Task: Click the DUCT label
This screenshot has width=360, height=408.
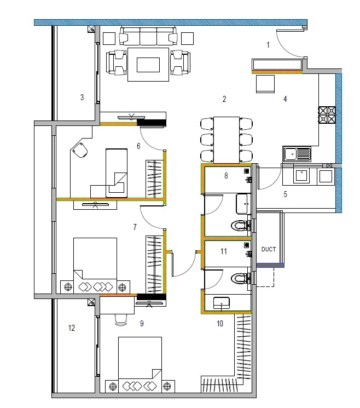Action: (268, 249)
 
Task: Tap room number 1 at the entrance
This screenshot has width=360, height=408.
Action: (268, 45)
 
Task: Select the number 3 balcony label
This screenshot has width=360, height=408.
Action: (82, 97)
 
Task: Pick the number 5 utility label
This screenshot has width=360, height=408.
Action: (285, 194)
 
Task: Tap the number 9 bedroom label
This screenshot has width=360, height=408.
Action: (142, 324)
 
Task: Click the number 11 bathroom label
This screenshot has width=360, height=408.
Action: (223, 251)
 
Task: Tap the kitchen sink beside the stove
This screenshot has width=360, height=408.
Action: (295, 154)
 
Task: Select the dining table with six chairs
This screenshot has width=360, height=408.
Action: (226, 139)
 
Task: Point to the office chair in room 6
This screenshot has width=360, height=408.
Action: (80, 150)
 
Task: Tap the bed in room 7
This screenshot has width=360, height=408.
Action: (95, 260)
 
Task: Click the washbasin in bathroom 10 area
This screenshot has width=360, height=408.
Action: (222, 302)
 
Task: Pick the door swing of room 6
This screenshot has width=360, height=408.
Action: (152, 139)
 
